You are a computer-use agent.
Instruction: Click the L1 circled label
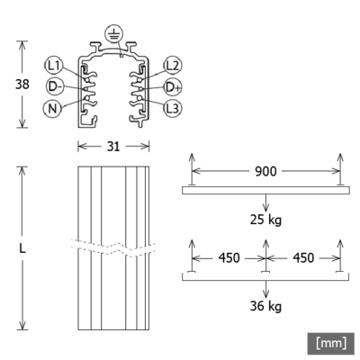pos(56,65)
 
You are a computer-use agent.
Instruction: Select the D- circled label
pos(56,86)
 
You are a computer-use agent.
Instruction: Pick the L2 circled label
pos(173,65)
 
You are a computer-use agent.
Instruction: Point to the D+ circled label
pos(173,86)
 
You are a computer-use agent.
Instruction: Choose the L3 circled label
pos(173,108)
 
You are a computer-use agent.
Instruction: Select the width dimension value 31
pos(112,146)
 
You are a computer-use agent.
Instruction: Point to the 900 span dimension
pos(265,170)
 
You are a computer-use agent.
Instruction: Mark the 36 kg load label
pos(265,307)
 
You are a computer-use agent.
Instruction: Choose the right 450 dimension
pos(302,257)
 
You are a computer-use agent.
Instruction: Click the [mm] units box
pos(331,342)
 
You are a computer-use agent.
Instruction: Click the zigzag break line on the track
pos(112,246)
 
